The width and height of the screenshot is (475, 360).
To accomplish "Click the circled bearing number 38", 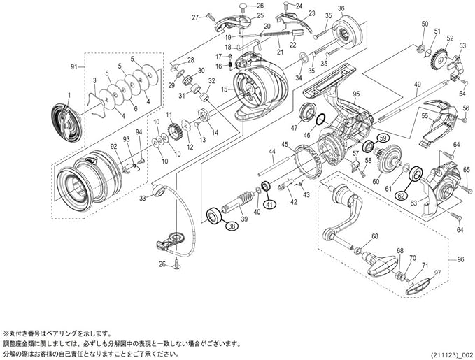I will [x=230, y=224].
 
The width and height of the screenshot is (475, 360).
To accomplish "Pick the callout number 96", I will [x=460, y=260].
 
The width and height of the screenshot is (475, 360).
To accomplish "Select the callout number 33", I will [x=143, y=199].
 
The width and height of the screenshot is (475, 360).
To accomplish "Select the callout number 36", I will [x=341, y=9].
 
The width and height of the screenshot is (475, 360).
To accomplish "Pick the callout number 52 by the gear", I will [x=449, y=39].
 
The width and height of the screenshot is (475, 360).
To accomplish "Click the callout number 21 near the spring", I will [x=279, y=51].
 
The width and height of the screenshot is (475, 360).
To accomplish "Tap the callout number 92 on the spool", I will [x=113, y=147].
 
